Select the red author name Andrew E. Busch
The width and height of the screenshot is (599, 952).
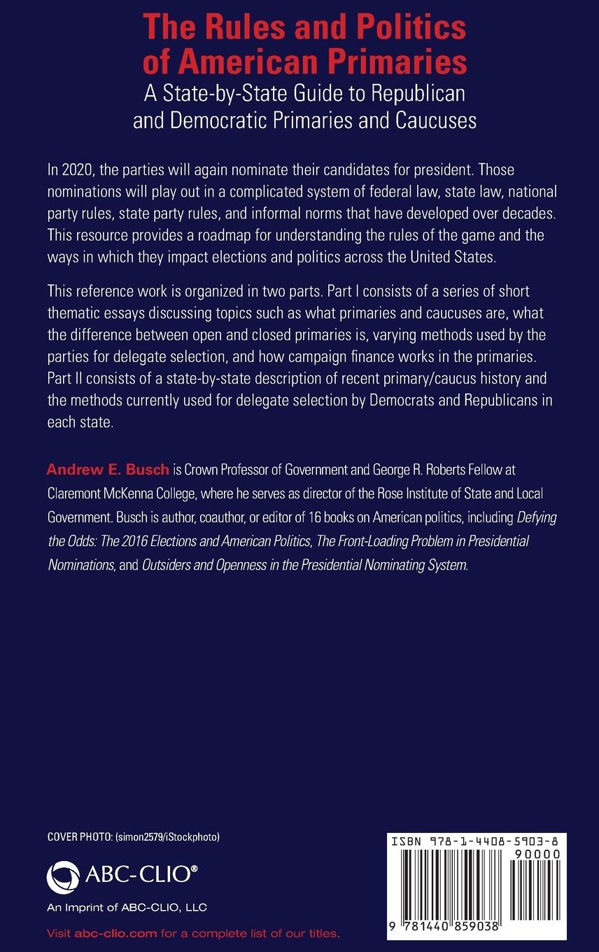click(108, 468)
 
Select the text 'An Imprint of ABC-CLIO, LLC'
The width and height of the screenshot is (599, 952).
click(127, 908)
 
